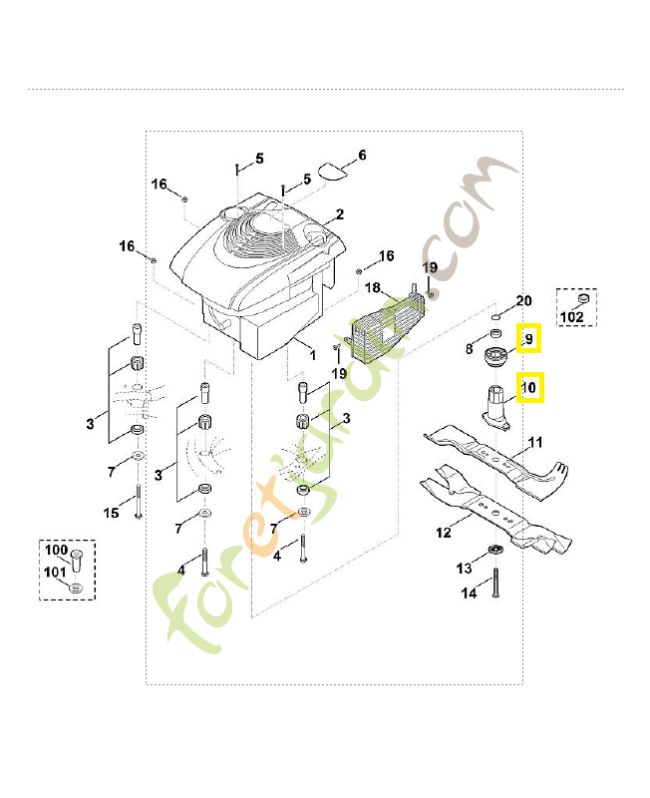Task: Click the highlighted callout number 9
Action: (x=528, y=339)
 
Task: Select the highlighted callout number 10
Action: (x=529, y=388)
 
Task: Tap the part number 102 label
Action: (x=571, y=317)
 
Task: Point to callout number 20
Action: (x=523, y=301)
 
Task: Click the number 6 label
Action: (x=362, y=155)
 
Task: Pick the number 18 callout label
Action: (x=373, y=288)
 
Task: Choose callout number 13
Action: (x=464, y=568)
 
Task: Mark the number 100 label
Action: (x=57, y=550)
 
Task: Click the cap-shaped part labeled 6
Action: (x=333, y=171)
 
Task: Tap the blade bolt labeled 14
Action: (x=495, y=583)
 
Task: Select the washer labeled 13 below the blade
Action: (x=494, y=550)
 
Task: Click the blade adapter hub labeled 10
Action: (x=495, y=408)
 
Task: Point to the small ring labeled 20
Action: (x=496, y=317)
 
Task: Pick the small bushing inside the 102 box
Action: (x=583, y=297)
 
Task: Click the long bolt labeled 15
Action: (x=138, y=503)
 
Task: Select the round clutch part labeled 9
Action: (x=493, y=355)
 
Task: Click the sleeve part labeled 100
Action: (x=77, y=561)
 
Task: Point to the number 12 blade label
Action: (x=443, y=533)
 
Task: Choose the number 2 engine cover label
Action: (x=340, y=214)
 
